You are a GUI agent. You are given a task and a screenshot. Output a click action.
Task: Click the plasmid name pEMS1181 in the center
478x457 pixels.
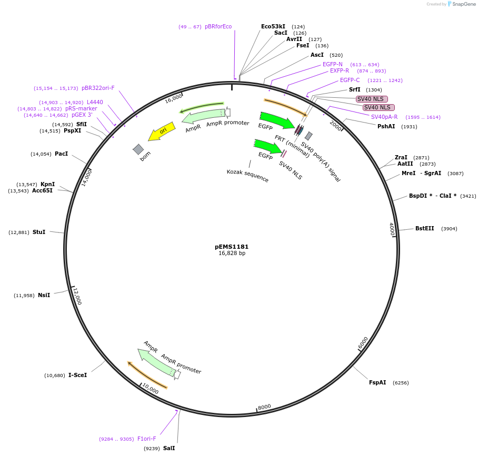tap(232, 247)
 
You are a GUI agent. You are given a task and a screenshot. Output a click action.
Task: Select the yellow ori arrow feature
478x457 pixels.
tap(161, 132)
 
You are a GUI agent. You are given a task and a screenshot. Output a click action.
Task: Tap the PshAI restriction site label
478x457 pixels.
tap(386, 126)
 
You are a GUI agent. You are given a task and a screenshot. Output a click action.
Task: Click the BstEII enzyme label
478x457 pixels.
tap(424, 228)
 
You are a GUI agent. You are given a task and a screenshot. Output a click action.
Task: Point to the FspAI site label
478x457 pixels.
tap(377, 382)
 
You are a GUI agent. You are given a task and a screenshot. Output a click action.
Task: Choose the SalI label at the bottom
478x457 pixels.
tap(169, 448)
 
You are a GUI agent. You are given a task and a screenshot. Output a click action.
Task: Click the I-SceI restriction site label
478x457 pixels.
tap(77, 375)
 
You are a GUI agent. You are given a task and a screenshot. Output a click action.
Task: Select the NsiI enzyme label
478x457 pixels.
tap(44, 295)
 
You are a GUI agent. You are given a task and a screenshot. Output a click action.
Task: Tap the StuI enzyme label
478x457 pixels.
tap(39, 232)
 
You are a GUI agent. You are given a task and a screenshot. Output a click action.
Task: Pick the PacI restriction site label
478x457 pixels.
tap(61, 154)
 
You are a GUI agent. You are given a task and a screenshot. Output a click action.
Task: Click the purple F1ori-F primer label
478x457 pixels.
tap(147, 439)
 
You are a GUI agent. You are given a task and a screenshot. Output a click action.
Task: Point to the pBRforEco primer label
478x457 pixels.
tap(218, 26)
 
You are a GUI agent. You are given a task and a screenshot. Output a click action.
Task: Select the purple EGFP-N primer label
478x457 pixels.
tap(332, 64)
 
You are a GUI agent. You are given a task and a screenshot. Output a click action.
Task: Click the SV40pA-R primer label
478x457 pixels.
tap(384, 117)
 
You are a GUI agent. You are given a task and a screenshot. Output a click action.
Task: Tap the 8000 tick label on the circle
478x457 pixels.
tap(264, 407)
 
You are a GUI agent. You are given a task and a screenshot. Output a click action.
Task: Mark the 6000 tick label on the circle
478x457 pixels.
tap(363, 343)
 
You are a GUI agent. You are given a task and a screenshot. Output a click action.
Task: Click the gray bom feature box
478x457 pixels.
tap(138, 149)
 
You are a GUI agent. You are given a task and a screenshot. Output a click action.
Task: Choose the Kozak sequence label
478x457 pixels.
tap(247, 176)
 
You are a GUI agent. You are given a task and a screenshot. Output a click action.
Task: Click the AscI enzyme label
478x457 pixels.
tap(317, 55)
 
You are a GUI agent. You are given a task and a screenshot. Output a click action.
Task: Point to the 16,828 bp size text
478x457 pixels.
tap(232, 253)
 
